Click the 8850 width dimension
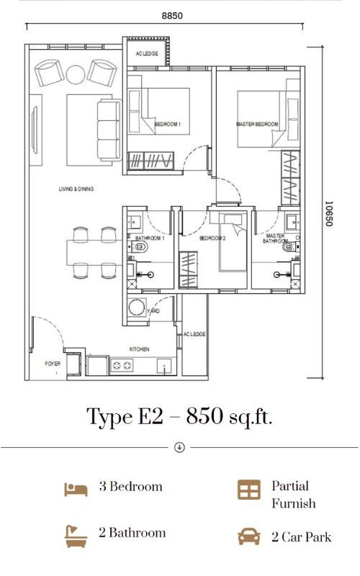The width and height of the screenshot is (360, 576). pos(172,16)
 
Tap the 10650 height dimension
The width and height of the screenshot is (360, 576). pos(329,213)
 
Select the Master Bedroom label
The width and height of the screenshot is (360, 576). pos(257,124)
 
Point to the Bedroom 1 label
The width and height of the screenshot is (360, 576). pos(168,124)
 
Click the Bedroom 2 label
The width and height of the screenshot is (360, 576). pos(212,238)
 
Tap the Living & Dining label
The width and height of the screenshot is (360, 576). pos(76,189)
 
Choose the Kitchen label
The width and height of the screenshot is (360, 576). pos(140,349)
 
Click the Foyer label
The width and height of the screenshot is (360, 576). pos(53,364)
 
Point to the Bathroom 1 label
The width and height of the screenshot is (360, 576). pos(150,238)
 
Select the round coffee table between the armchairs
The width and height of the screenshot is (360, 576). pos(76,75)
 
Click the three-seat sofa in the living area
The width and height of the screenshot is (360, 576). pos(109,130)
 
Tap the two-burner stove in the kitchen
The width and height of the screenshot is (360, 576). pos(122,366)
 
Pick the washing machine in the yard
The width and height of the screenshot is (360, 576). pos(137,307)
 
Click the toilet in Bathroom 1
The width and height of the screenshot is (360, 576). pos(140,247)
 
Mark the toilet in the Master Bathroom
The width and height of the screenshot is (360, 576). pos(291,247)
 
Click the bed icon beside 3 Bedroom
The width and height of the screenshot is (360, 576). pos(76,490)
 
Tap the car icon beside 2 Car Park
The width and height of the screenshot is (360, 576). pos(249,536)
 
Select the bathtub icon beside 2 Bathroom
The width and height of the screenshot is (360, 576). pos(76,536)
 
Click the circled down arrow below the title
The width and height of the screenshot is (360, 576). pos(179,447)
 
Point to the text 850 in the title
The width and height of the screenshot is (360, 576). pos(204,417)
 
